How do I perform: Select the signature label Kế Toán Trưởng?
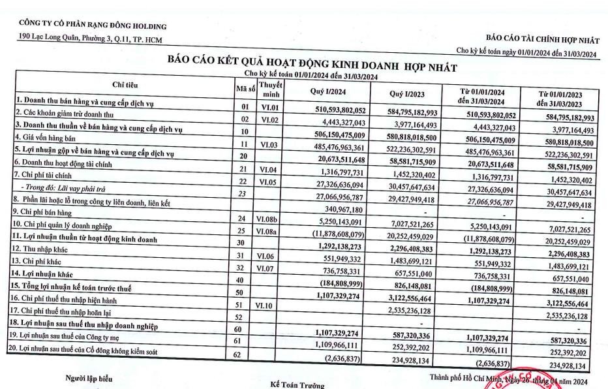297,385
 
